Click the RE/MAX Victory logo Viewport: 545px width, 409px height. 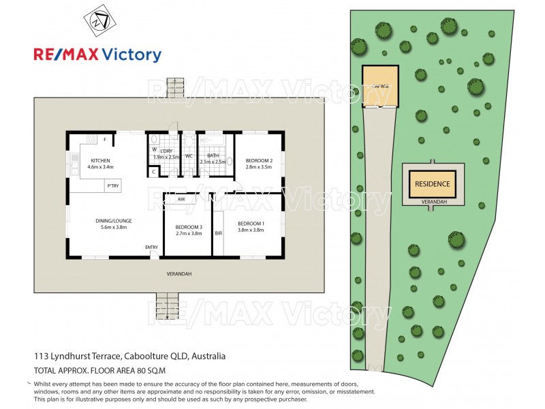pos(97,55)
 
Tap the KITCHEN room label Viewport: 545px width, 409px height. pos(100,161)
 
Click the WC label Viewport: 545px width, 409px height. pos(189,155)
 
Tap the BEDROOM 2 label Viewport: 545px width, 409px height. pos(259,161)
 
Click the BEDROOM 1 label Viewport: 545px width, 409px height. pos(251,224)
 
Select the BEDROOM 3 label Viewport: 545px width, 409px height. pos(189,227)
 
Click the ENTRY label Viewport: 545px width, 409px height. pos(151,247)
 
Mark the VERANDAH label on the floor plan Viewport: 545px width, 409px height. pos(179,274)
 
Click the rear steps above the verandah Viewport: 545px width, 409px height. pos(176,87)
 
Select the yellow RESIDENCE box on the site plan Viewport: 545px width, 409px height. pos(433,183)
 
